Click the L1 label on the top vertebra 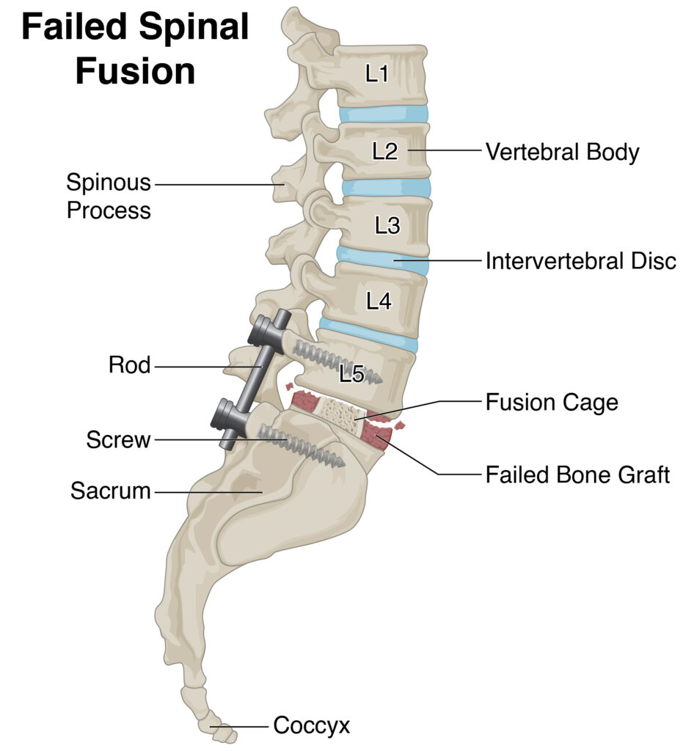(x=376, y=73)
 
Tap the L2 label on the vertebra (x=384, y=151)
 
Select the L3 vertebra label (x=387, y=226)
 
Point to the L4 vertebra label (x=379, y=301)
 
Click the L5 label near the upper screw (x=351, y=374)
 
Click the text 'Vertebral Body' (x=562, y=153)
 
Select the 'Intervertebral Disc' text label (x=580, y=260)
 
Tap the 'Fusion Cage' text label (x=552, y=402)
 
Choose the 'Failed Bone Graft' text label (x=577, y=475)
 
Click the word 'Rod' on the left (x=129, y=364)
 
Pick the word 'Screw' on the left (x=118, y=440)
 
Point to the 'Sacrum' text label (x=110, y=491)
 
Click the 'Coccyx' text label (x=311, y=726)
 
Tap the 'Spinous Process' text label (x=109, y=196)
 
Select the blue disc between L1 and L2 (x=383, y=114)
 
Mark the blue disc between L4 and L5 (x=370, y=335)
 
